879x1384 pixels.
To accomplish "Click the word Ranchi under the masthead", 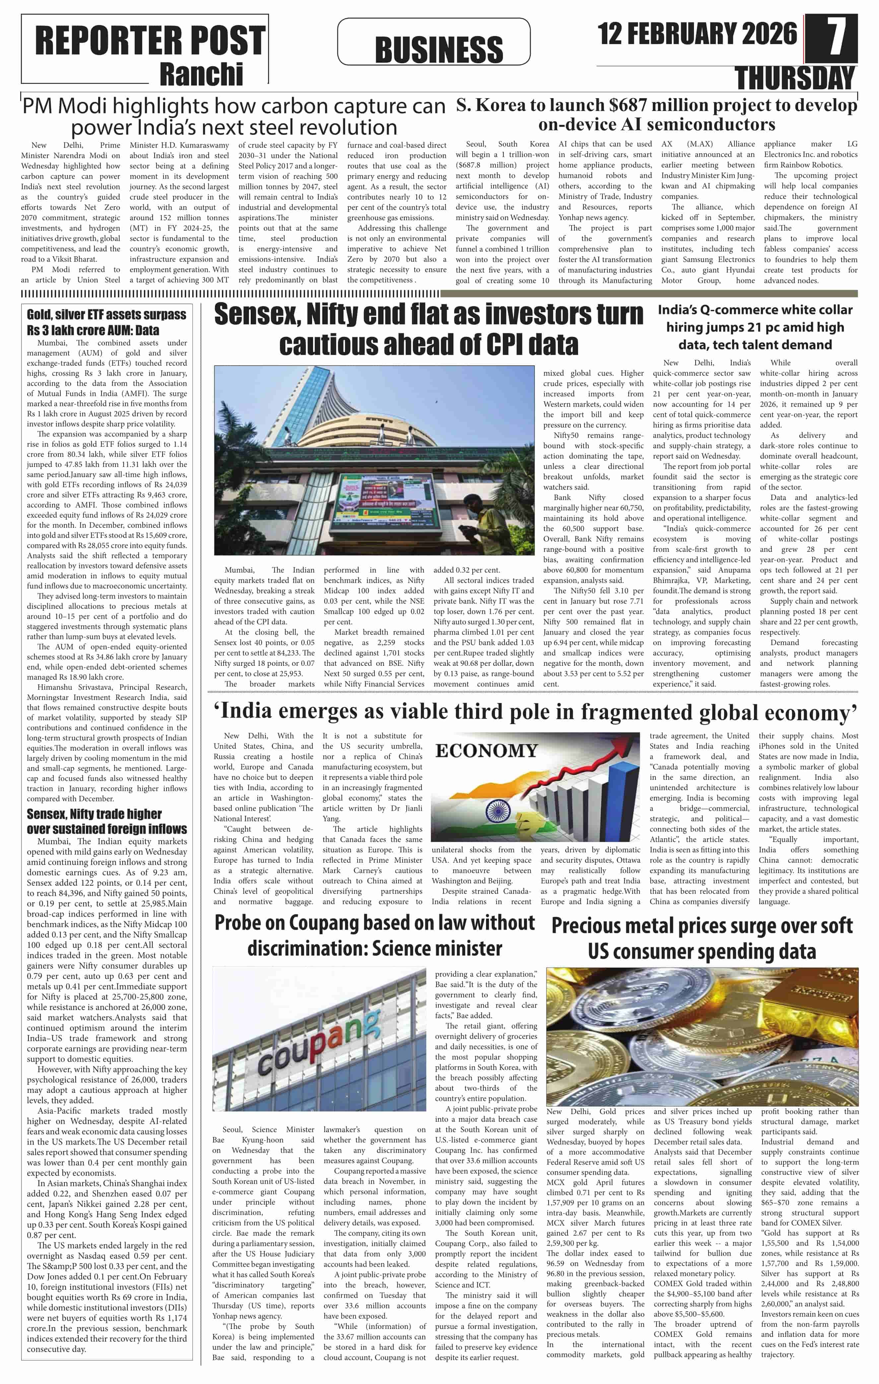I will coord(201,74).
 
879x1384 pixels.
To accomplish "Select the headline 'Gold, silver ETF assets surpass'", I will coord(106,315).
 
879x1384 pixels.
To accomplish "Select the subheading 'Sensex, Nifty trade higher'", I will coord(94,814).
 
